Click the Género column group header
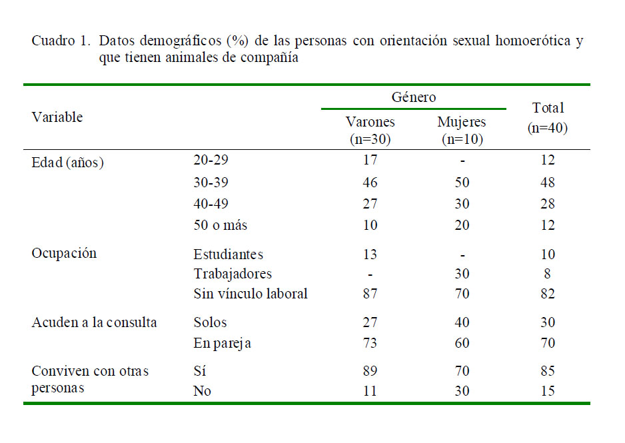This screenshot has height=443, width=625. click(x=413, y=97)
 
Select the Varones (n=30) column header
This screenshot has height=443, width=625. click(x=370, y=131)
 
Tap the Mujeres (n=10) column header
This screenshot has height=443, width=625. click(x=461, y=131)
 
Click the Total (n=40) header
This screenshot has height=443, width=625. click(x=547, y=118)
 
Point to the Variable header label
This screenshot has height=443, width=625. click(x=57, y=117)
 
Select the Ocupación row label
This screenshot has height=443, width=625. click(x=64, y=253)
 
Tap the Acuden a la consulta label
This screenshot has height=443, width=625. click(x=94, y=322)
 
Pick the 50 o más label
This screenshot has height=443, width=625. click(x=220, y=225)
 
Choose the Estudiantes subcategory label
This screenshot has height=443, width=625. click(x=228, y=254)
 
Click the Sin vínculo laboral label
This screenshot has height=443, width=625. click(x=251, y=294)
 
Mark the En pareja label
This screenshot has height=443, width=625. click(x=222, y=344)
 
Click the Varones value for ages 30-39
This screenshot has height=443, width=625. click(x=370, y=183)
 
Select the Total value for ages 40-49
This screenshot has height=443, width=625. click(x=547, y=204)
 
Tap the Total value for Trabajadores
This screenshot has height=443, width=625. click(x=547, y=274)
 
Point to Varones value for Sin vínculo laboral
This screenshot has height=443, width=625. click(x=370, y=294)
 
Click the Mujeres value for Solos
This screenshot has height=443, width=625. click(x=461, y=322)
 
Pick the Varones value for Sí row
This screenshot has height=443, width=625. click(x=370, y=371)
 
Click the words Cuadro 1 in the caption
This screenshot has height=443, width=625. click(x=60, y=41)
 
